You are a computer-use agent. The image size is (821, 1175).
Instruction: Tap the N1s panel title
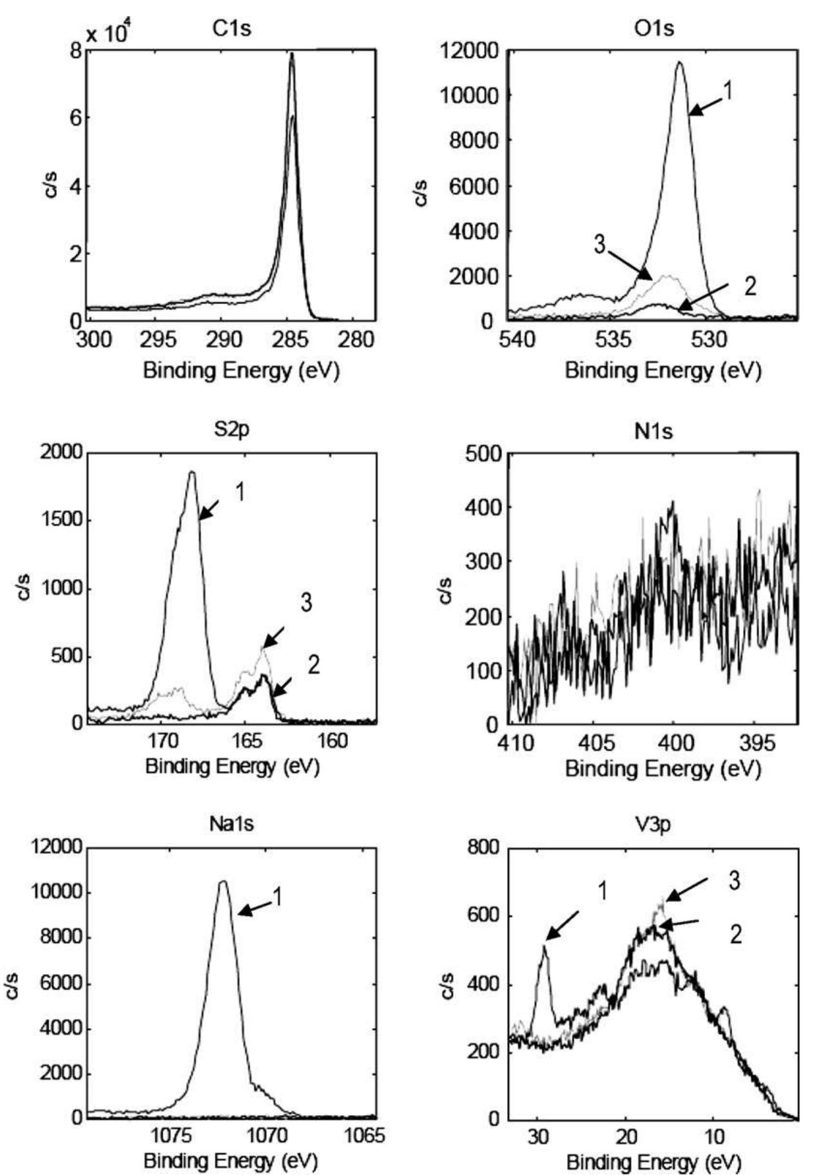(x=654, y=430)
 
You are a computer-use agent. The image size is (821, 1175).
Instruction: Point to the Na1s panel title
(x=231, y=824)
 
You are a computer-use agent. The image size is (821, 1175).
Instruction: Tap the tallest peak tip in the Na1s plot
(x=223, y=882)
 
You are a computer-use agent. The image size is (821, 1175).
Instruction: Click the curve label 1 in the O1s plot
(x=728, y=91)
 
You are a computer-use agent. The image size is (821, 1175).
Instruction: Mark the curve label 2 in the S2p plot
(x=313, y=665)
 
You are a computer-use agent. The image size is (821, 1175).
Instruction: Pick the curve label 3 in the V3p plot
(x=734, y=881)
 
